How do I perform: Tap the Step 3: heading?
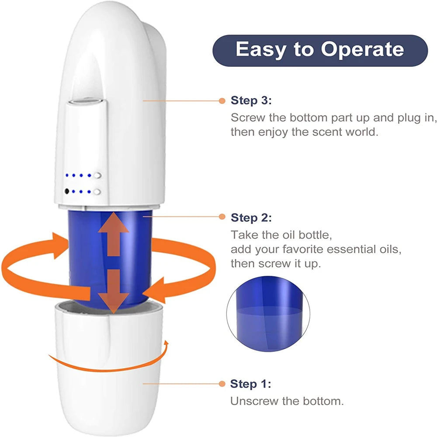coord(251,101)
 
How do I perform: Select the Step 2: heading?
coord(251,217)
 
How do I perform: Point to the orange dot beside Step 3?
coord(222,101)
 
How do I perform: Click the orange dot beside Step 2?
coord(222,217)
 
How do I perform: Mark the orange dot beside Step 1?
coord(222,384)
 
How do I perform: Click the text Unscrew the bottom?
coord(287,401)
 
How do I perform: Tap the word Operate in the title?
coord(362,49)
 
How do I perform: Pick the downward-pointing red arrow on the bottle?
coord(113,291)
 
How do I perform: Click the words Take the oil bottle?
coord(281,235)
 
